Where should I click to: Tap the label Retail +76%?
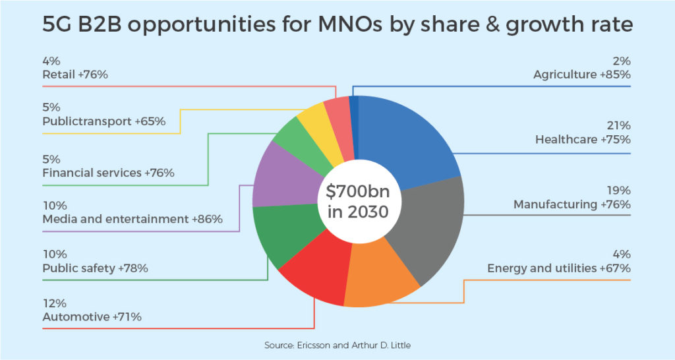tap(75, 75)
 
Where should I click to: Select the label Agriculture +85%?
tap(582, 75)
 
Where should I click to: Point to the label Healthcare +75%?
tap(583, 140)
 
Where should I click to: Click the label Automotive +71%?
tap(92, 317)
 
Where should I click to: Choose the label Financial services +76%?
tap(108, 173)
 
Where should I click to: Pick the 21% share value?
tap(619, 125)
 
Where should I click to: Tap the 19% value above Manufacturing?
tap(620, 190)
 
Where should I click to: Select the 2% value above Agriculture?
tap(622, 61)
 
